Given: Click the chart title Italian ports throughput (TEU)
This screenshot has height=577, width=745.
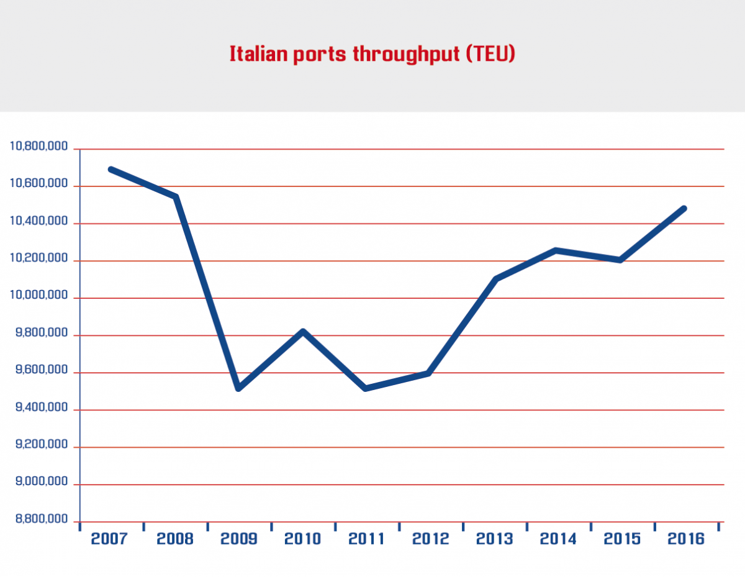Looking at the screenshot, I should [372, 54].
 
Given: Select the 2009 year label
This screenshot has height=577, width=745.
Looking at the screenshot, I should [239, 538].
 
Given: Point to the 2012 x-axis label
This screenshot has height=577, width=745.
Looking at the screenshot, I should [431, 538].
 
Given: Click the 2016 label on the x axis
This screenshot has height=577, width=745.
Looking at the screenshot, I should [686, 538].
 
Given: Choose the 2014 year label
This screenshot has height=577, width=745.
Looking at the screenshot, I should [558, 538].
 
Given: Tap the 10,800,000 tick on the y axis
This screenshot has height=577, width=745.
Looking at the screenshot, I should [38, 147].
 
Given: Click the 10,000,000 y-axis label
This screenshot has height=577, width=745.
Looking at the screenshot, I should [38, 296].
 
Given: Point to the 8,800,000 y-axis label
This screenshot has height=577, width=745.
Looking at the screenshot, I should [38, 520].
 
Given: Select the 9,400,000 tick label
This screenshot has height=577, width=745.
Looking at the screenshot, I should [38, 408].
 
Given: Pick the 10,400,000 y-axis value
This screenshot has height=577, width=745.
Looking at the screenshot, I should [38, 222].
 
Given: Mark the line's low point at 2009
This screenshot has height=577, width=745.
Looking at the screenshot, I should [238, 388].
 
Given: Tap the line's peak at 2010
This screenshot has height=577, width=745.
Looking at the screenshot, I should [303, 332].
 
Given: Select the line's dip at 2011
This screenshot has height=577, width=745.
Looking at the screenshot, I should [366, 388].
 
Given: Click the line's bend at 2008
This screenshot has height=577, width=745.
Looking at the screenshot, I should [176, 197].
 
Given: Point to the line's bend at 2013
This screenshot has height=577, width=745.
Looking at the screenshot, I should [495, 279].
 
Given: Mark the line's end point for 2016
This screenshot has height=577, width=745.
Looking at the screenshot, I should [684, 209].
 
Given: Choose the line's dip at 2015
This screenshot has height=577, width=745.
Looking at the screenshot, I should [620, 260].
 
